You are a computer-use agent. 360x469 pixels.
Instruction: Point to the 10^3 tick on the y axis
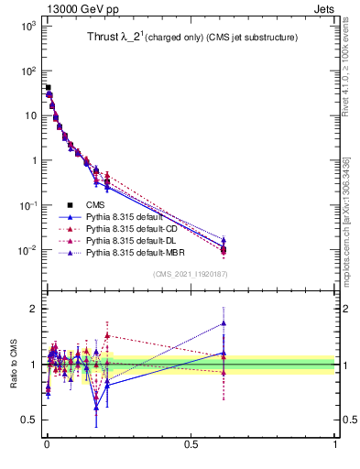(26, 26)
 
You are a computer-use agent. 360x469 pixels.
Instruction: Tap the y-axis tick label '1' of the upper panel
(31, 160)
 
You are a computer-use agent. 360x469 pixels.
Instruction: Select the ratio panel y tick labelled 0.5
(27, 420)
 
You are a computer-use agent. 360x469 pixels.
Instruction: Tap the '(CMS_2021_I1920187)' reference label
(190, 274)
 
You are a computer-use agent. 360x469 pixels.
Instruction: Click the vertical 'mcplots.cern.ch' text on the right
(345, 220)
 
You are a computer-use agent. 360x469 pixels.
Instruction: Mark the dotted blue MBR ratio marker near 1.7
(224, 322)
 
